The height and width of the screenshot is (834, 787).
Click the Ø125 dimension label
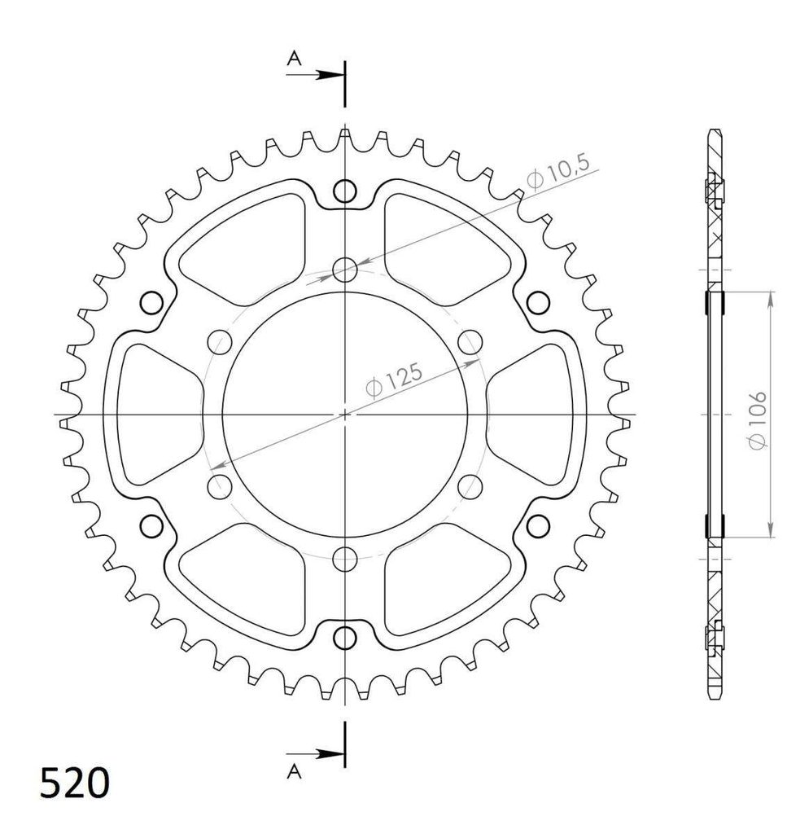point(395,380)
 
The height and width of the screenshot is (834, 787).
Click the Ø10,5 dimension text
point(558,172)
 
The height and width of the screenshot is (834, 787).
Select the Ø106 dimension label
point(757,420)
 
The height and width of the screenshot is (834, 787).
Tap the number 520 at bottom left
point(74,783)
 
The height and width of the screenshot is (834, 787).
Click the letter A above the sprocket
point(294,58)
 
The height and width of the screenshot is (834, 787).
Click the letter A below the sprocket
point(294,771)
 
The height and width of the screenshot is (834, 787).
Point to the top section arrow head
point(329,75)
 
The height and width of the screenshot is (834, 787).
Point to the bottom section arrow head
point(329,753)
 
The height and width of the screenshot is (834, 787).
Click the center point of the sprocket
point(345,414)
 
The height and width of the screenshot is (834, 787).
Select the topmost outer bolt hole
point(345,191)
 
